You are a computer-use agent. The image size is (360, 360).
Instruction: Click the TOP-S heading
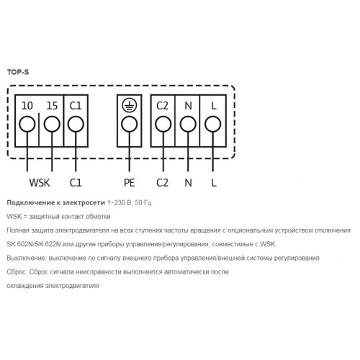(x=18, y=72)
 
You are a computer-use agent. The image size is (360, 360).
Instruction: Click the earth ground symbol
(x=130, y=105)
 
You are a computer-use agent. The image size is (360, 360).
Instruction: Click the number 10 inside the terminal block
(x=27, y=106)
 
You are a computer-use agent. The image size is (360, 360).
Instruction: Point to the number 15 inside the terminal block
(x=52, y=106)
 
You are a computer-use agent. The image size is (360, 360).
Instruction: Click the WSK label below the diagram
(x=40, y=183)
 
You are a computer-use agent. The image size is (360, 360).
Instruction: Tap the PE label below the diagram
(x=129, y=183)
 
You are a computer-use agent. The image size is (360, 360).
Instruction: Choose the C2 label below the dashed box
(x=162, y=183)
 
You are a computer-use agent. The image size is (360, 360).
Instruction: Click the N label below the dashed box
(x=189, y=183)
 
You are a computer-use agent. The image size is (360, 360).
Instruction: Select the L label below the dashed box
(x=214, y=183)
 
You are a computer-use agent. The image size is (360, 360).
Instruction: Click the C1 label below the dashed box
(x=76, y=183)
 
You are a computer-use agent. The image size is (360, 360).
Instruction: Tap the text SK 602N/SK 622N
(x=34, y=244)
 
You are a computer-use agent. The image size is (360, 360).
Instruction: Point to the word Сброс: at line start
(x=17, y=272)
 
